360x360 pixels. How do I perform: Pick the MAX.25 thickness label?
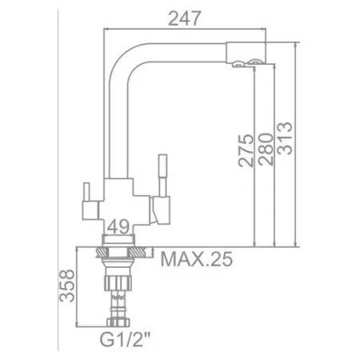point(194,259)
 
